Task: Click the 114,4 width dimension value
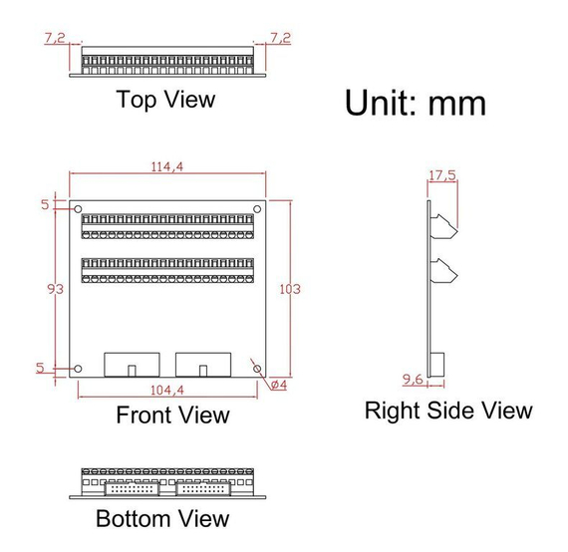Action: click(167, 166)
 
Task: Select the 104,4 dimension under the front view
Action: click(167, 391)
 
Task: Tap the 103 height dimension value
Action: click(290, 289)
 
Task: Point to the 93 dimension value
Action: click(56, 289)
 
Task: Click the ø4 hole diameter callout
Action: click(279, 385)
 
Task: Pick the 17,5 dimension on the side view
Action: click(442, 175)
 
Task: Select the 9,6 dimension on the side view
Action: click(413, 380)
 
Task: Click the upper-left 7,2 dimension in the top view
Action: click(55, 38)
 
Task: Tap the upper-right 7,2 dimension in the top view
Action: click(280, 38)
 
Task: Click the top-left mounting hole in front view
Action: click(78, 209)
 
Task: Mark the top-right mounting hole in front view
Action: click(257, 209)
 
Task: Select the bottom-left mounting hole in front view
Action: click(78, 369)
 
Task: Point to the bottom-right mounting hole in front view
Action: click(257, 369)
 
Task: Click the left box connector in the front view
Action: click(132, 365)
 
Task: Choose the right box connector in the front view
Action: click(203, 365)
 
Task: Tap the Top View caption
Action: click(165, 100)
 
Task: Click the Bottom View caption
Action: click(162, 519)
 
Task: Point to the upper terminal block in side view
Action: click(444, 227)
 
